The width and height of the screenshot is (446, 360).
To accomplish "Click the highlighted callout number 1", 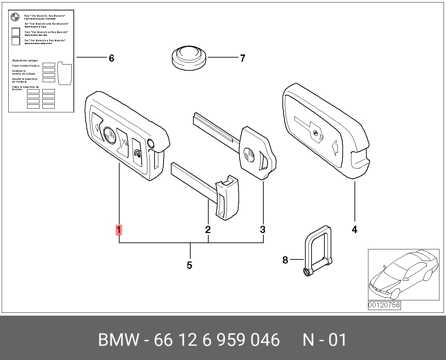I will coord(119,230).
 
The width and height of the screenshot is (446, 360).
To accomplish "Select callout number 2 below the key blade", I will coord(208,230).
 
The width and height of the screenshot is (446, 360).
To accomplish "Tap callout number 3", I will coord(263,230).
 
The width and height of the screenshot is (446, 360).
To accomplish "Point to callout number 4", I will coord(355,230).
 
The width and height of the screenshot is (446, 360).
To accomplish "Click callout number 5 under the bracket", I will coord(189,265).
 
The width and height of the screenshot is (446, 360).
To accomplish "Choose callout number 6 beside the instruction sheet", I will coord(111,58).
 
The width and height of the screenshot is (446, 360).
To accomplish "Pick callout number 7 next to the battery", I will coord(243,58).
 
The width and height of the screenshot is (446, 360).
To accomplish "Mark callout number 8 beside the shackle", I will coord(285,260).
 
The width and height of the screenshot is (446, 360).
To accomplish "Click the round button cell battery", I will coord(189,58).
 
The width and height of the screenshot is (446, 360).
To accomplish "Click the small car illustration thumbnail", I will coord(403,275).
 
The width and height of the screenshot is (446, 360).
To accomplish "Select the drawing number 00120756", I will coord(384,305).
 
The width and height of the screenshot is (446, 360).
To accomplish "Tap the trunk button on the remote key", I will coord(123,142).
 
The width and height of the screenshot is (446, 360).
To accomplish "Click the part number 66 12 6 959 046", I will coord(217,340).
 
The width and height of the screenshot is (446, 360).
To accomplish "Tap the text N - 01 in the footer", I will coord(324,340).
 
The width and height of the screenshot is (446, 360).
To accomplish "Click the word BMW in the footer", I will coord(119,340).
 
